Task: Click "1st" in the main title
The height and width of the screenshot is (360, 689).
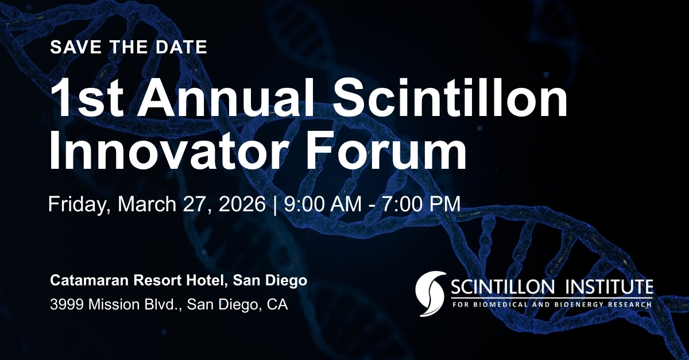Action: click(x=80, y=98)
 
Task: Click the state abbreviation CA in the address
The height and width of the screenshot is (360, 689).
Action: click(x=278, y=304)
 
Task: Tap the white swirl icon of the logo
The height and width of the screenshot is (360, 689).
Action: click(x=430, y=293)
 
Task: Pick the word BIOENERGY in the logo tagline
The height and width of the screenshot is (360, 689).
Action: click(x=580, y=304)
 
